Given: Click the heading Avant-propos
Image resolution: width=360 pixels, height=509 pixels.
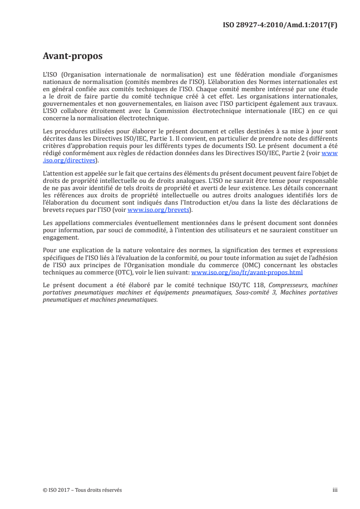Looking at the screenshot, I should [x=72, y=56].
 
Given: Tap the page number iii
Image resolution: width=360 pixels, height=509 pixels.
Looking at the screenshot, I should [x=335, y=490].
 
